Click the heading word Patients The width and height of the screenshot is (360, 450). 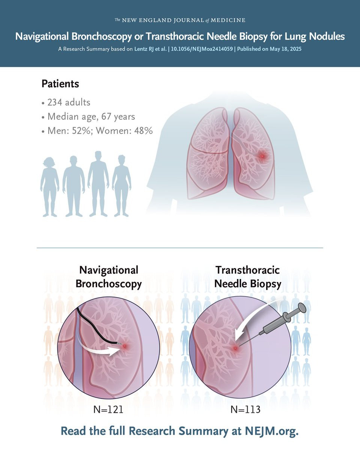click(x=60, y=84)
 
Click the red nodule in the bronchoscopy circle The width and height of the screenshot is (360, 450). click(x=124, y=346)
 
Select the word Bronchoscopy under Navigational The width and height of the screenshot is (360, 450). click(x=108, y=284)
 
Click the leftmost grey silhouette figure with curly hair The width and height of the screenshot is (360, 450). click(x=50, y=186)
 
